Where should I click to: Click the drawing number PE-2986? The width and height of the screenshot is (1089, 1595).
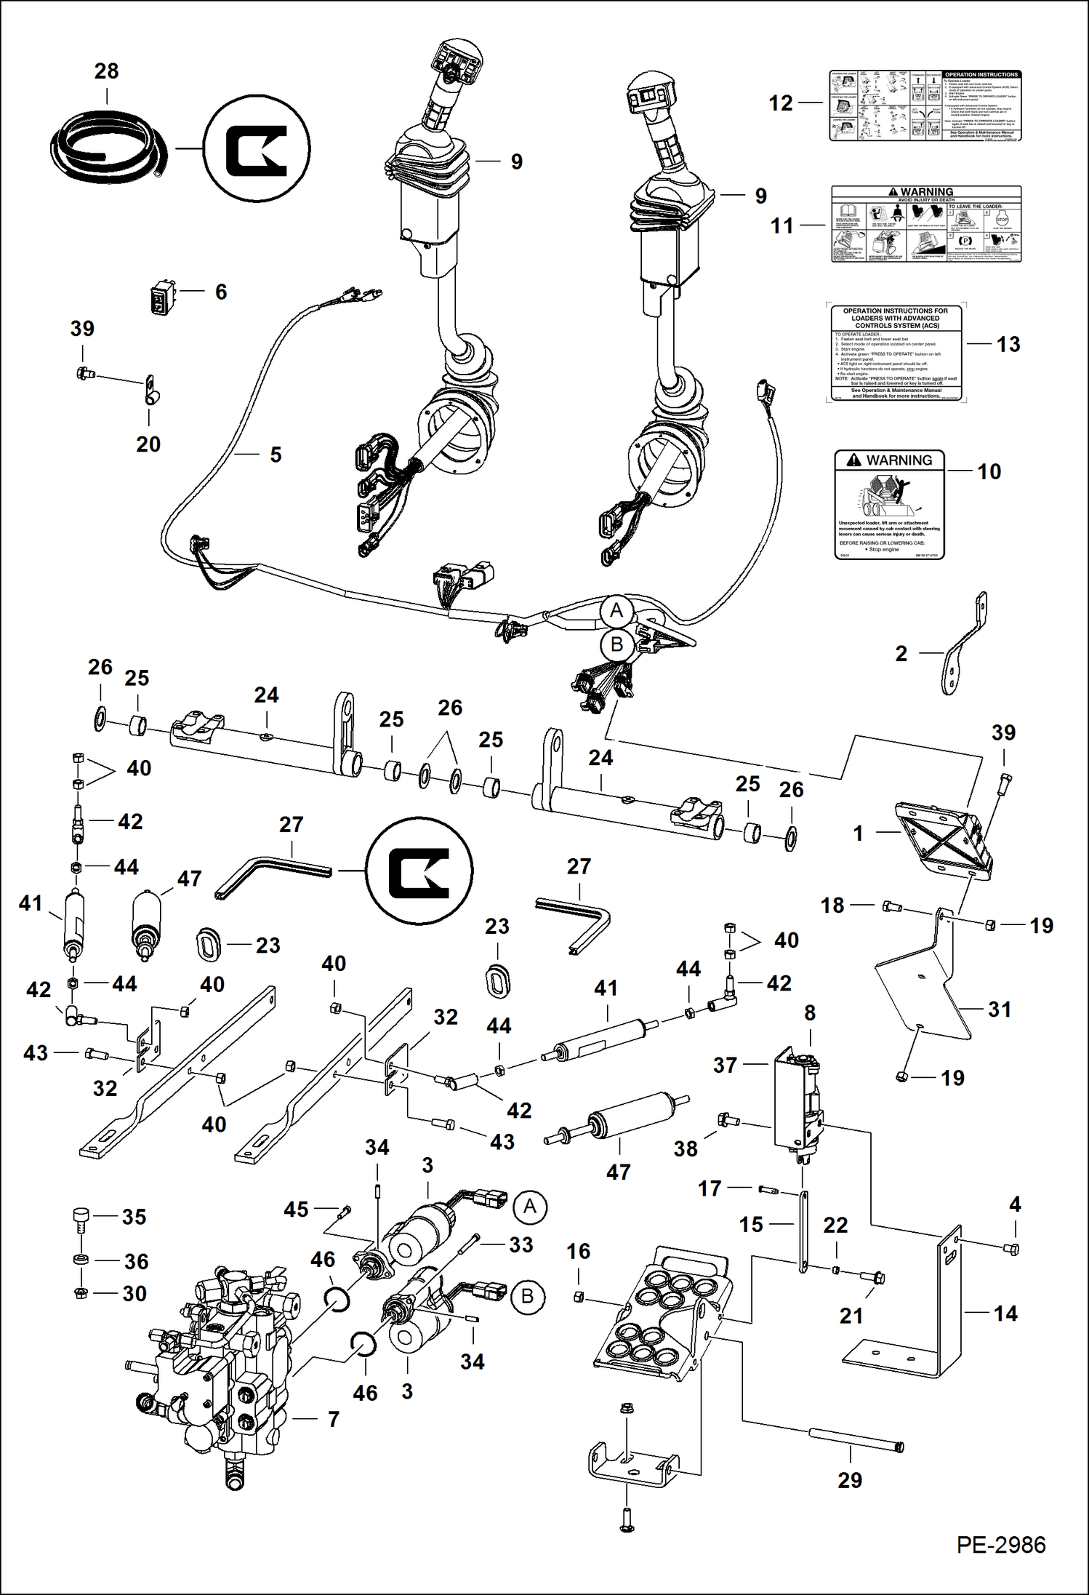[x=1000, y=1545]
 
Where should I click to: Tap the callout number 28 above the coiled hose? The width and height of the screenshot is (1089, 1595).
[x=106, y=71]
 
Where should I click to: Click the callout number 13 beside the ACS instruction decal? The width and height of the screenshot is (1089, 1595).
[x=1008, y=344]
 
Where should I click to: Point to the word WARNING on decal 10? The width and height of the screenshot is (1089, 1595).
[x=899, y=460]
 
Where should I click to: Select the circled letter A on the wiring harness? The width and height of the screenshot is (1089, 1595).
[x=616, y=610]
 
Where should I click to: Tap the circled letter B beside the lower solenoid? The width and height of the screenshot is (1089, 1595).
[x=528, y=1296]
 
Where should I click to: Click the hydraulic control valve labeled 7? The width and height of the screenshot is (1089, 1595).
[x=218, y=1360]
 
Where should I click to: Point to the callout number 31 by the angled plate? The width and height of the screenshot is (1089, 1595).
[x=999, y=1010]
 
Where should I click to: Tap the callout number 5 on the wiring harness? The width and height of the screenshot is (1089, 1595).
[x=276, y=455]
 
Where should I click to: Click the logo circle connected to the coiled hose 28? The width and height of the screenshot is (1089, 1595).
[x=256, y=148]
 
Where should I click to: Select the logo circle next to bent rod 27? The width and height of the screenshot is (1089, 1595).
[x=419, y=871]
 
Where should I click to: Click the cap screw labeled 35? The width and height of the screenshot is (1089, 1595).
[x=81, y=1218]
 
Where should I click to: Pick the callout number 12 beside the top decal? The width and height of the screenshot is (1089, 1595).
[x=781, y=103]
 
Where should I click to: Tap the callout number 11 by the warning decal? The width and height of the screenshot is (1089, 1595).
[x=782, y=225]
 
